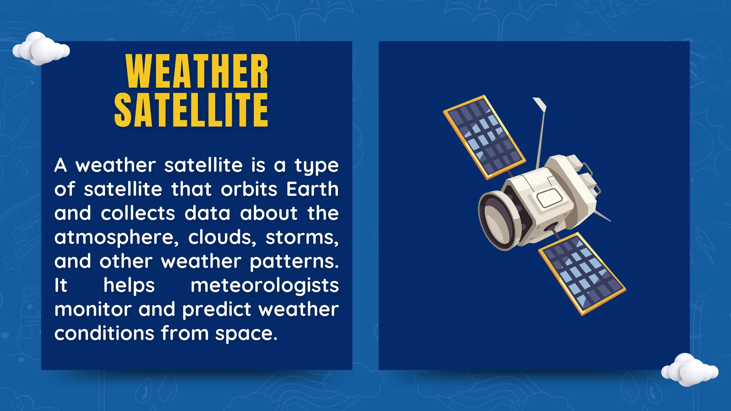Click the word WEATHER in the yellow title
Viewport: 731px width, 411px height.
(197, 71)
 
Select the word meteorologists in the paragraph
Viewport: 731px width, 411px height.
(264, 285)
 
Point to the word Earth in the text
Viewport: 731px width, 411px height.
(312, 189)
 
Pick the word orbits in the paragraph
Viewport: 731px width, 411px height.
(249, 189)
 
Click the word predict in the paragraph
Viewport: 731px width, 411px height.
(217, 309)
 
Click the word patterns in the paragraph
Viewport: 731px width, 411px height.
(294, 262)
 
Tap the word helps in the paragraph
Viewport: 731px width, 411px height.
(129, 285)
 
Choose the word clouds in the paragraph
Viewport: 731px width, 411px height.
(222, 237)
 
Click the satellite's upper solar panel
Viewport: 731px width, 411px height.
(484, 137)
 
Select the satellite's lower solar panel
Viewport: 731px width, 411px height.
(582, 274)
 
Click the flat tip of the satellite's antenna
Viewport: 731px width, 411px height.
(540, 104)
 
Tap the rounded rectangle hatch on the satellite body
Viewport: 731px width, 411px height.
(550, 198)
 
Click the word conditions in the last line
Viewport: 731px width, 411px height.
(104, 333)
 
